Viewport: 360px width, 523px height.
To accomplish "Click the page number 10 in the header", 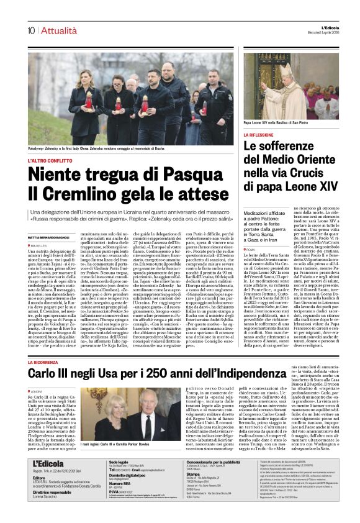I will [x=31, y=30].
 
